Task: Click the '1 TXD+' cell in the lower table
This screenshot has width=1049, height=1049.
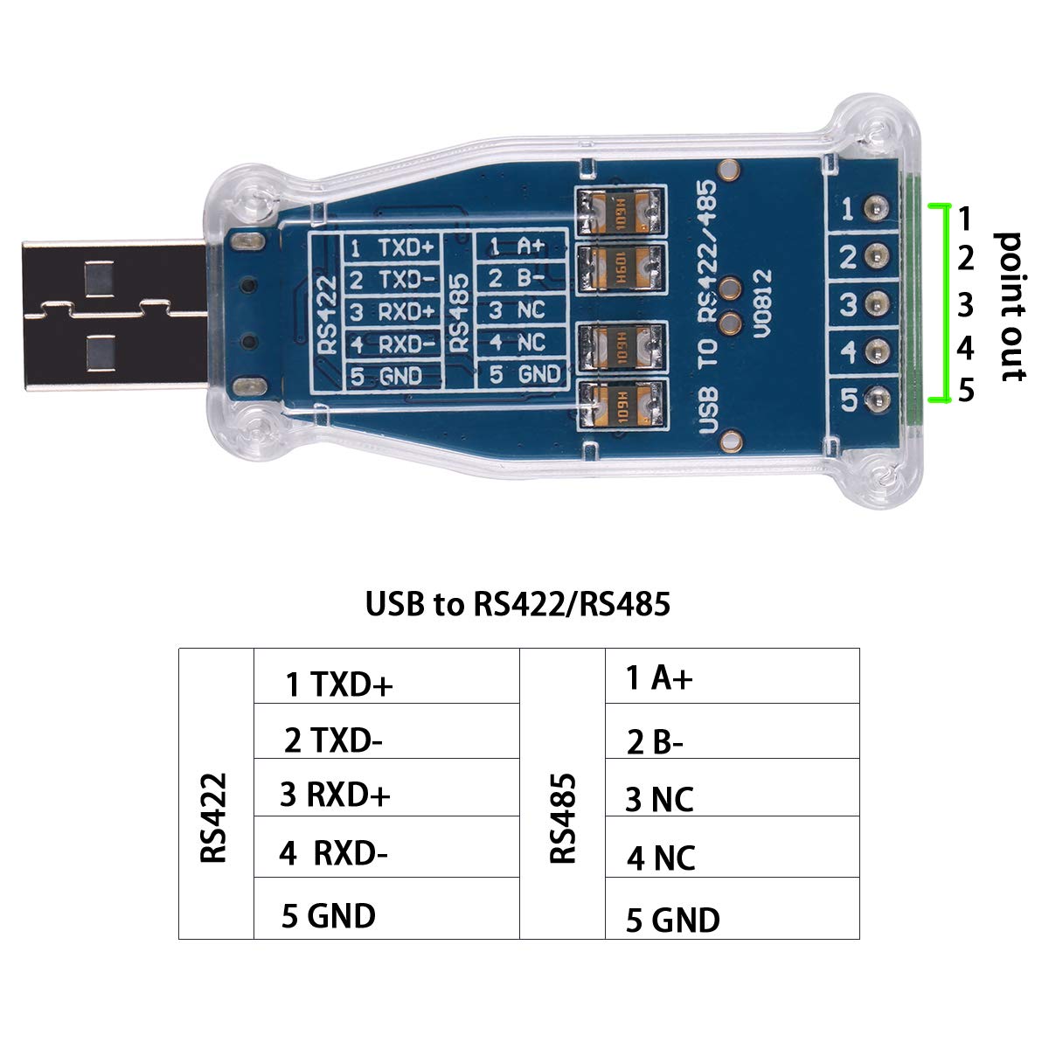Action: tap(339, 684)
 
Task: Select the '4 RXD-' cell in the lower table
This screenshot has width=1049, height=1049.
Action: tap(333, 852)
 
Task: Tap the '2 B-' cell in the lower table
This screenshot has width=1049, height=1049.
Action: tap(655, 742)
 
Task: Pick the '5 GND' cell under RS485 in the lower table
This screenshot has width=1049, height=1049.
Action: tap(672, 920)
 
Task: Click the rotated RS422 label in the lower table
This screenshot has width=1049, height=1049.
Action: tap(214, 817)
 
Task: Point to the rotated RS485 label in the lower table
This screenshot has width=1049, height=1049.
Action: tap(564, 817)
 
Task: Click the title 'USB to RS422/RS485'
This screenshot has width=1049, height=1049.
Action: tap(518, 603)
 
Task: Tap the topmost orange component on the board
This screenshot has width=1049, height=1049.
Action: tap(620, 211)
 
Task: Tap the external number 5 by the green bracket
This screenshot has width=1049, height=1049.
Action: tap(965, 390)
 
